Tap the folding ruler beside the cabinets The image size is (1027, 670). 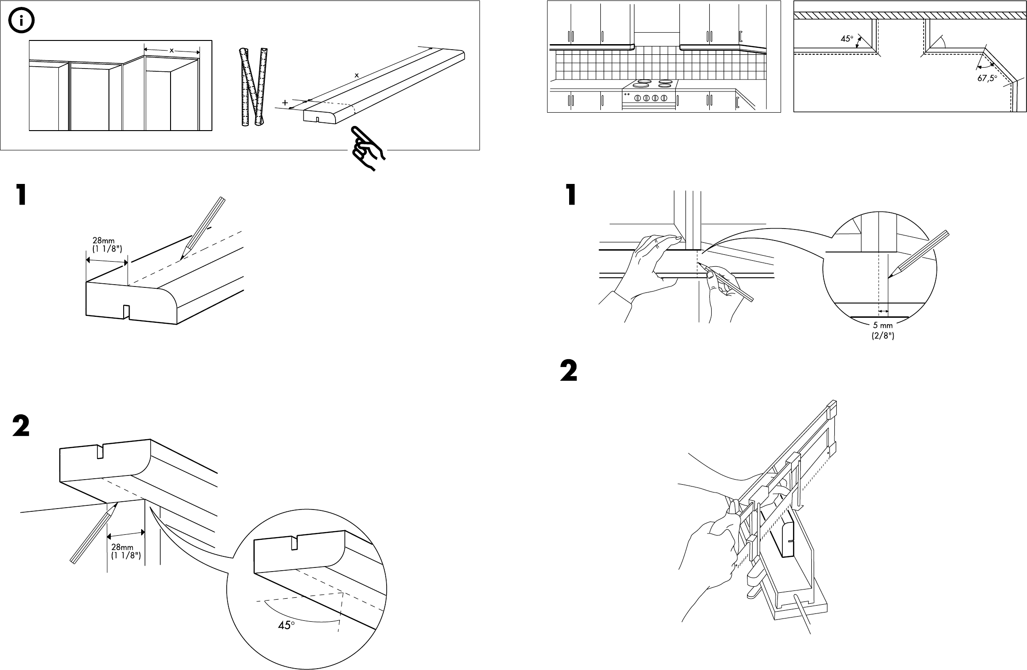(x=252, y=87)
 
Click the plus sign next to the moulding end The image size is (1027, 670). (x=285, y=103)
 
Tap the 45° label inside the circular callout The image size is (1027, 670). (x=286, y=625)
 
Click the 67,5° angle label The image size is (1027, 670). (x=987, y=79)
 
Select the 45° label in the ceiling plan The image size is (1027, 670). (x=847, y=40)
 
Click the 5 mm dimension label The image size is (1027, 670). (x=883, y=331)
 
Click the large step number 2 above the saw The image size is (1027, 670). (x=568, y=371)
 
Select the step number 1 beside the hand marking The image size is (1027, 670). (x=571, y=195)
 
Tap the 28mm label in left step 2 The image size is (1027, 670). (x=126, y=551)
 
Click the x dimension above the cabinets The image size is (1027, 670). (x=171, y=51)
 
